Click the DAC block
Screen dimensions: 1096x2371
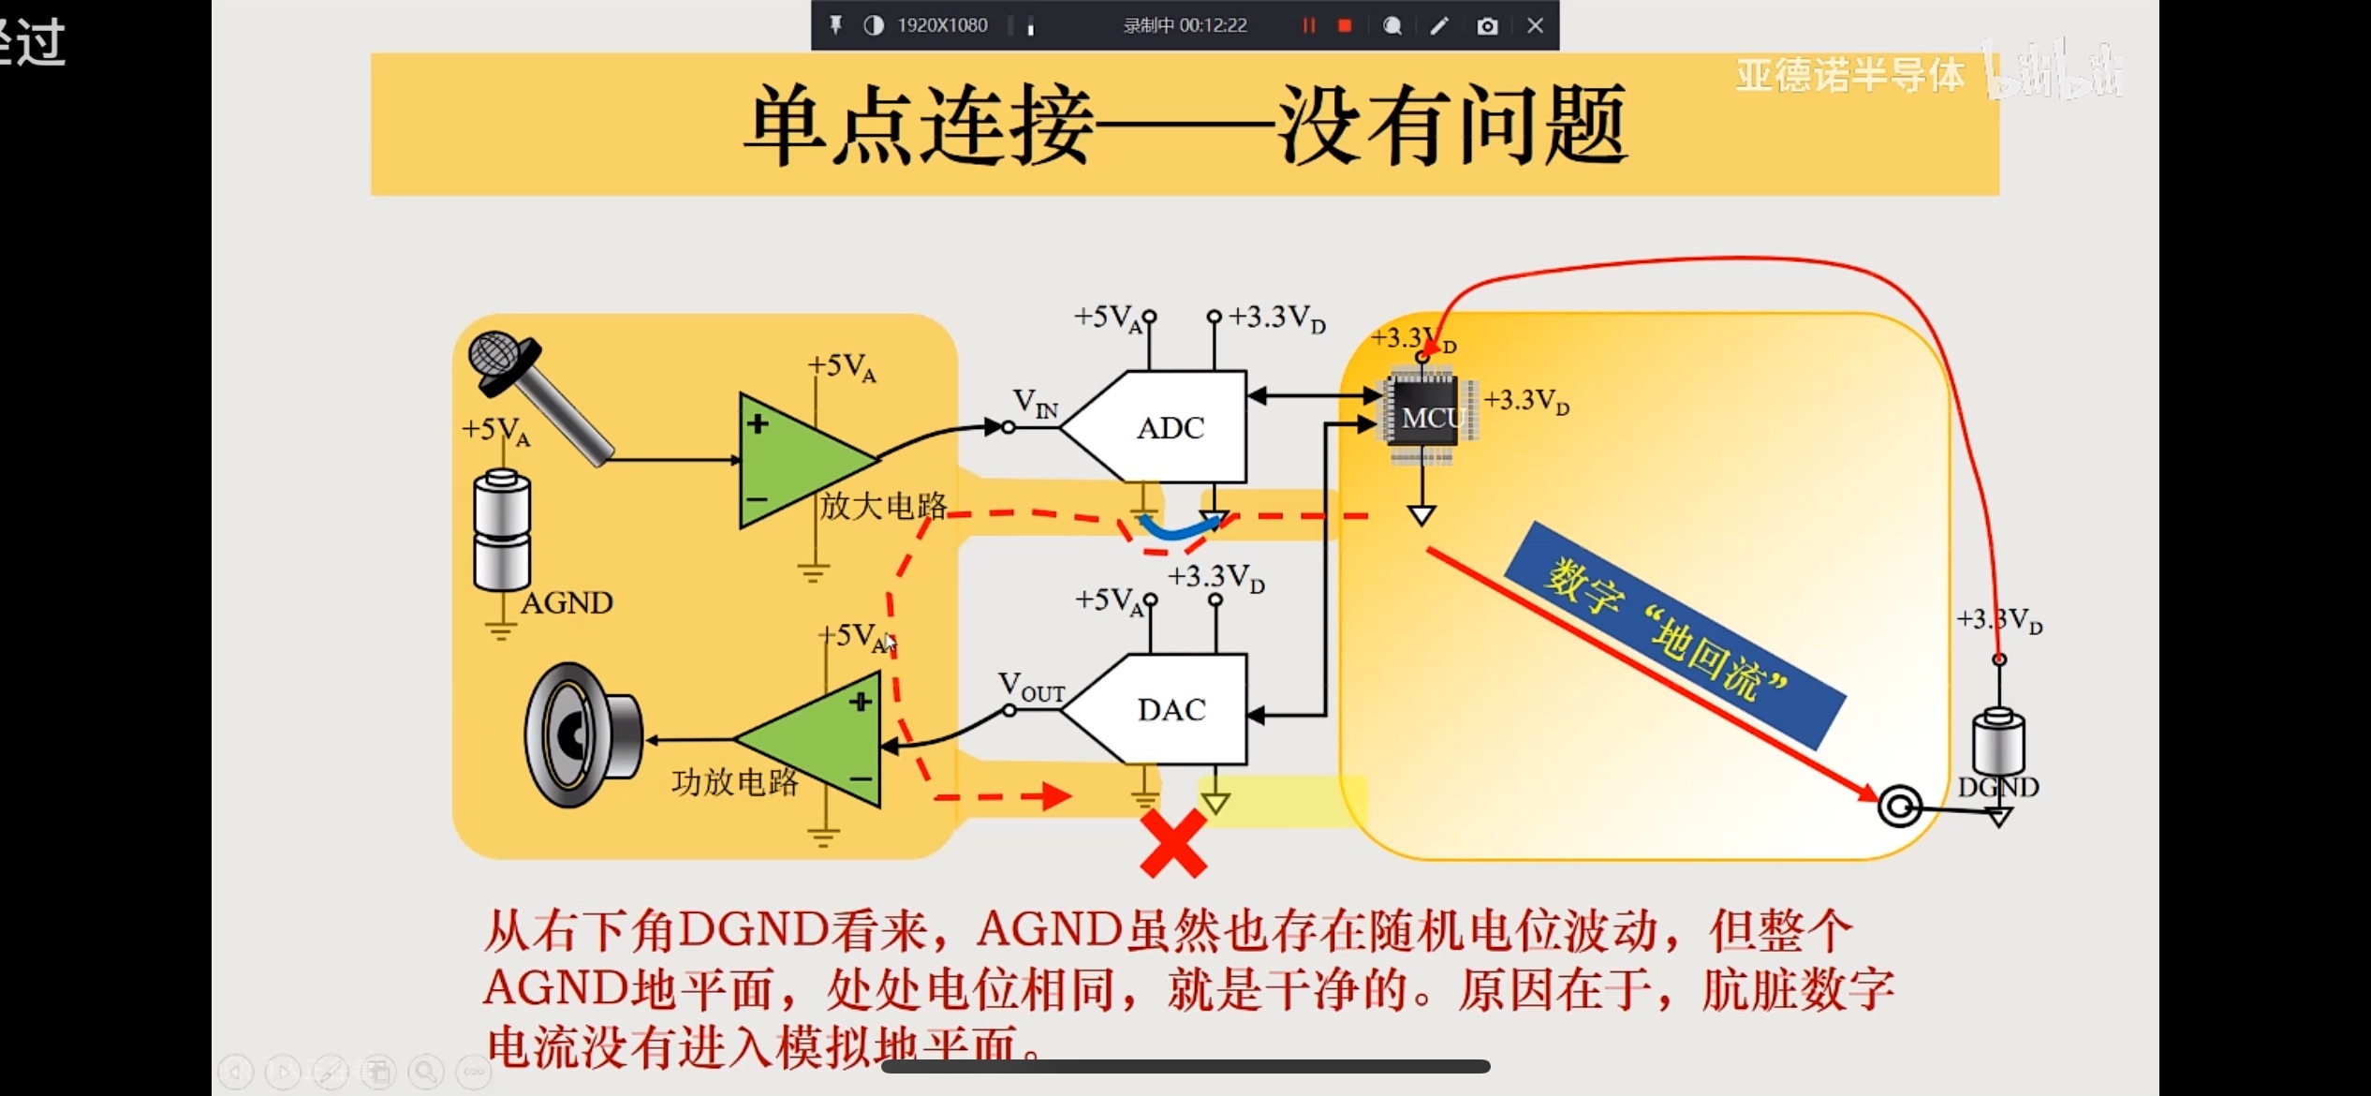1171,709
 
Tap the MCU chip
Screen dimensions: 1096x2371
1425,417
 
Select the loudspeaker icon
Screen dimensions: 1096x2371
581,735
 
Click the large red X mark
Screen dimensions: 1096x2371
1173,843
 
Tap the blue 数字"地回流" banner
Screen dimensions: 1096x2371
1673,635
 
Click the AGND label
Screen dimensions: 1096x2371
567,602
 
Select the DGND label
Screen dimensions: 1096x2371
1997,787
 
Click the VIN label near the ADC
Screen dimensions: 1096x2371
1036,403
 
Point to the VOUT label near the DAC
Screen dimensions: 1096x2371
1030,687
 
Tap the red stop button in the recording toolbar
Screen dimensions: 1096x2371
1345,25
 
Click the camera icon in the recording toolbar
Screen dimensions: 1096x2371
1487,25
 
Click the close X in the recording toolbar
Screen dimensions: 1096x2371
1535,25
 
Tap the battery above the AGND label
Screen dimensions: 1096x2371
502,529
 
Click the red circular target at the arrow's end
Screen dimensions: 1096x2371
1900,806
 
